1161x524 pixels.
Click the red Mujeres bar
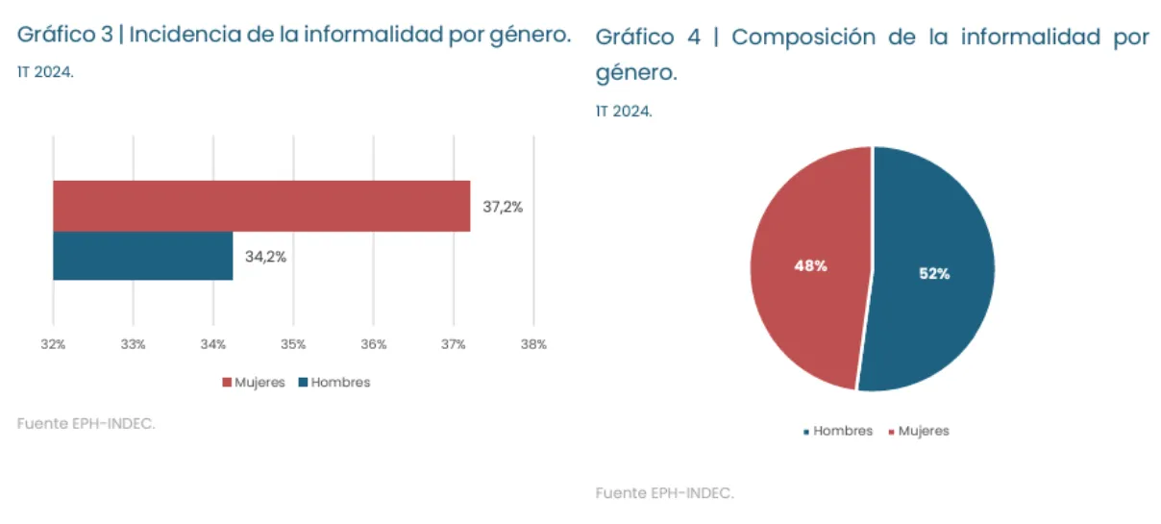[261, 206]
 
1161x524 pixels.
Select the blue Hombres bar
[142, 256]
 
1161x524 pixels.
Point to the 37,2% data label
[503, 207]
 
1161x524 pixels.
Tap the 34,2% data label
[265, 257]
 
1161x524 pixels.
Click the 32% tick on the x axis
[53, 344]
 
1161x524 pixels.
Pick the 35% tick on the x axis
[293, 344]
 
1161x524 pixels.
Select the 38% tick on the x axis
[533, 344]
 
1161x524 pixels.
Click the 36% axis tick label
[374, 344]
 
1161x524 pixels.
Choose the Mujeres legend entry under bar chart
[254, 382]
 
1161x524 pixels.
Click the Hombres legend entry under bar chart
[333, 382]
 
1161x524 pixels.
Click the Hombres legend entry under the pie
[838, 431]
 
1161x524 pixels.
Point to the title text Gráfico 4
[648, 37]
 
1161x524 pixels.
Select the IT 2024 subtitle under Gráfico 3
[45, 72]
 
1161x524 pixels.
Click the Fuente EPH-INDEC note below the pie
[664, 493]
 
